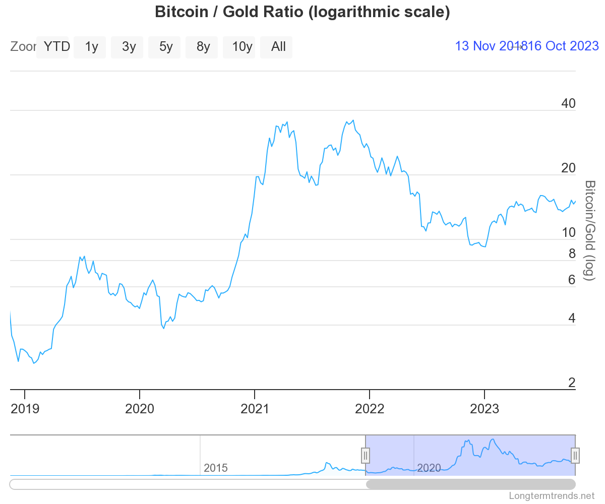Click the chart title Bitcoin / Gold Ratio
tap(302, 12)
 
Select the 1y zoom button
tap(91, 47)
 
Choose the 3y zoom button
tap(129, 47)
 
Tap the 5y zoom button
tap(166, 47)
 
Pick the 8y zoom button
tap(203, 47)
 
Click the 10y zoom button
tap(242, 47)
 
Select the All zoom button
tap(278, 47)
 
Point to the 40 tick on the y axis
tap(568, 104)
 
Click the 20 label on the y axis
tap(568, 168)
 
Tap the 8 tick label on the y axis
tap(572, 254)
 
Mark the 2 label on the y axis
tap(572, 383)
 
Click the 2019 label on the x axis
tap(25, 408)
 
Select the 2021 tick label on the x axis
tap(255, 408)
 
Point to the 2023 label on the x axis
tap(485, 408)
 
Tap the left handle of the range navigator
tap(366, 455)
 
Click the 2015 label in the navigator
tap(215, 468)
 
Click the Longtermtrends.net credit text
tap(552, 496)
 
